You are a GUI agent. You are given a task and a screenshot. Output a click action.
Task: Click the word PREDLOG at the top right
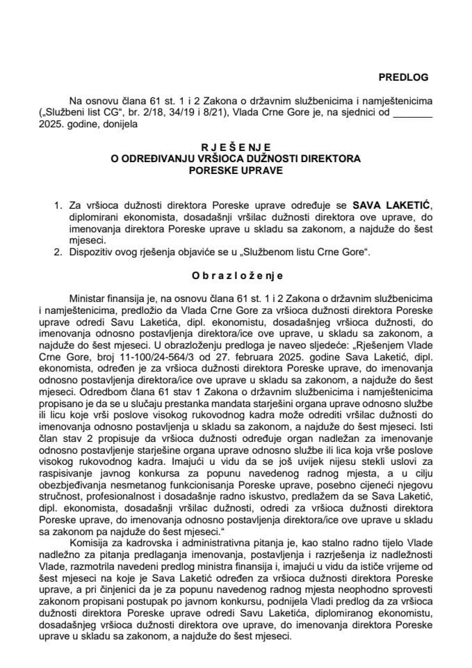point(404,77)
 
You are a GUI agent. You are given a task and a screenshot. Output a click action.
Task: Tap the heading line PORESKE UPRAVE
point(236,170)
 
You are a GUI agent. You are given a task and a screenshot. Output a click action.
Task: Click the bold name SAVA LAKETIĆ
point(392,206)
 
